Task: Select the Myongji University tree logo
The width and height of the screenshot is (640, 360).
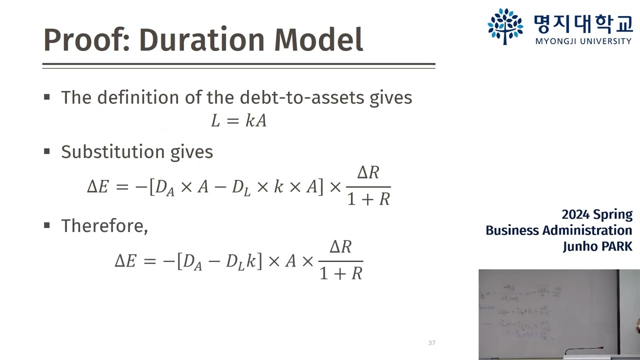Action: (x=505, y=26)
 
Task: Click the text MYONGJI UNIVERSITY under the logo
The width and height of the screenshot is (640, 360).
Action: (x=583, y=41)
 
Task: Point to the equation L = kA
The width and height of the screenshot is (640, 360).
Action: (x=238, y=120)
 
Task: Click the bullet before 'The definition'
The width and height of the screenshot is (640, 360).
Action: (x=47, y=97)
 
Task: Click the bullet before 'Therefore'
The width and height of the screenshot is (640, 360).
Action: (x=47, y=225)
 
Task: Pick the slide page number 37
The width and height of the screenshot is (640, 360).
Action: (x=432, y=343)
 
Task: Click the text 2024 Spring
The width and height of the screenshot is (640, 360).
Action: (x=597, y=214)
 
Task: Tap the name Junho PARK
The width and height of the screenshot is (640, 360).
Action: (x=597, y=246)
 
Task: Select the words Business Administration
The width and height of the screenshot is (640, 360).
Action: (x=558, y=230)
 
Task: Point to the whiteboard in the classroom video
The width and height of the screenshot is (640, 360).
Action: (x=545, y=310)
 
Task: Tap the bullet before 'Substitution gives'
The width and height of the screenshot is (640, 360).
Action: (x=47, y=151)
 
